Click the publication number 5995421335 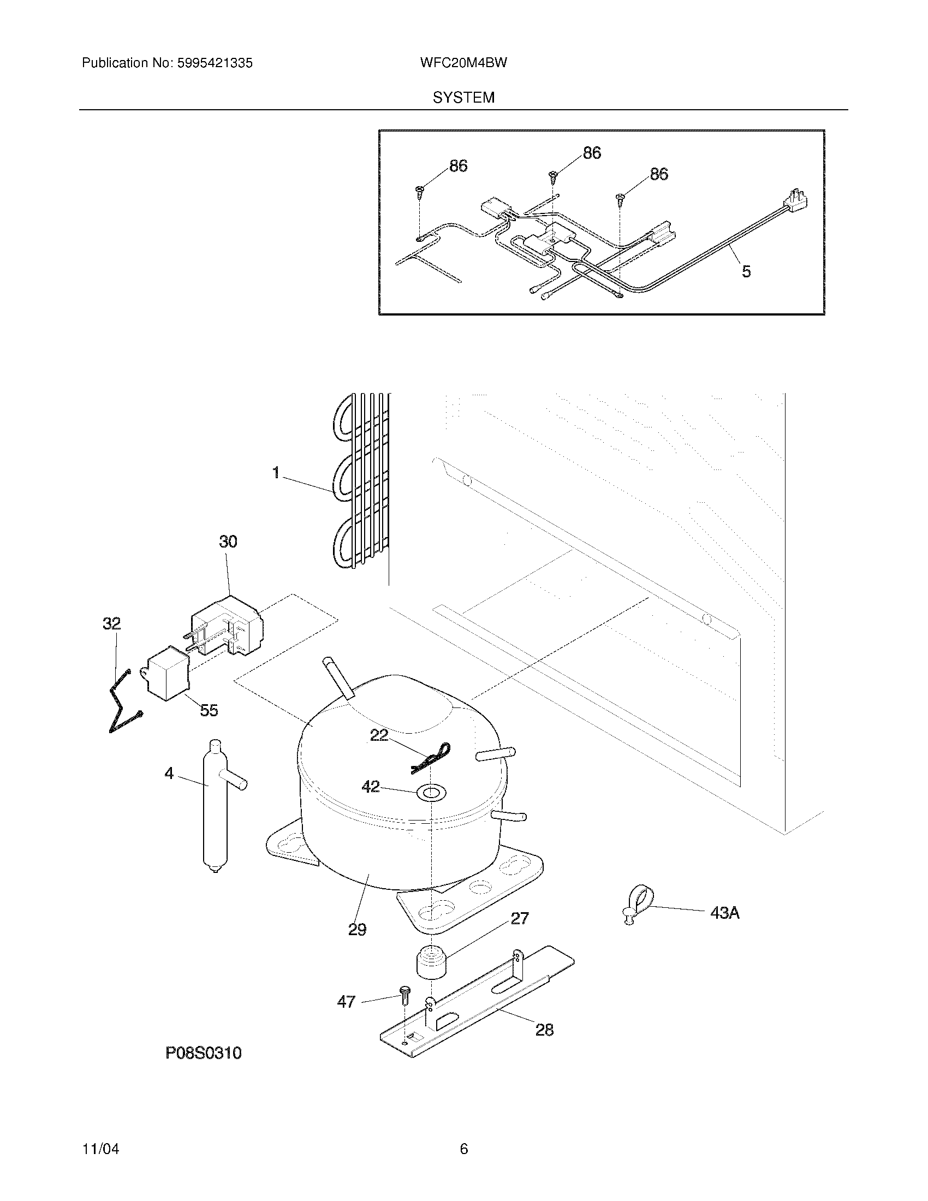point(215,63)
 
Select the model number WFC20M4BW point(463,63)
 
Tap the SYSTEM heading point(463,98)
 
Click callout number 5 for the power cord point(746,271)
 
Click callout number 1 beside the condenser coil point(276,472)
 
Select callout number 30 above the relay point(228,542)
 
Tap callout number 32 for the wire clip point(111,623)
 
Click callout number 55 point(209,710)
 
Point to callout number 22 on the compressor point(379,735)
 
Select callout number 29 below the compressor point(357,929)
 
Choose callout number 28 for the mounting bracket point(544,1030)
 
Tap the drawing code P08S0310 point(204,1053)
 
